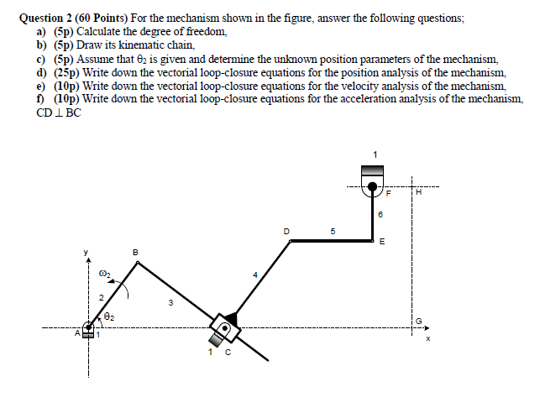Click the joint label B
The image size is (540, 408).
137,251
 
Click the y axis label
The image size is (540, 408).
84,250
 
